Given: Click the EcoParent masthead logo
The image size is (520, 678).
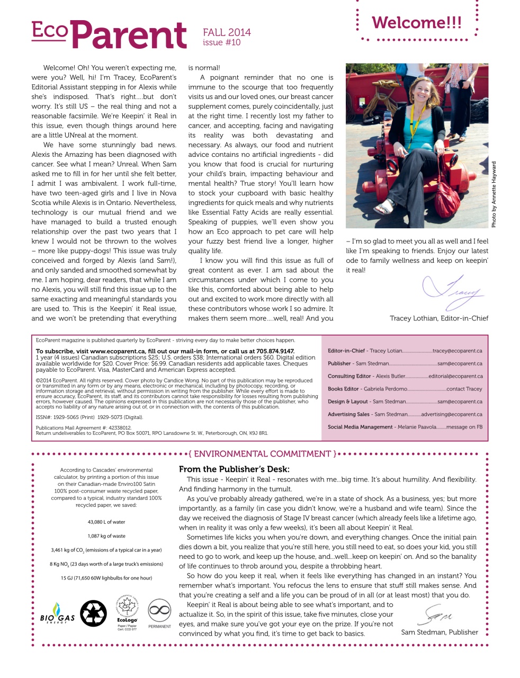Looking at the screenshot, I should [109, 35].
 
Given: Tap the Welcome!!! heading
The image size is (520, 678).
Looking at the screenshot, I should [417, 23].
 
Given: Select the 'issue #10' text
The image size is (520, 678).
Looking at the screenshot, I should [221, 43].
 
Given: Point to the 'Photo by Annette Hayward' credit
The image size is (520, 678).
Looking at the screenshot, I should [494, 194].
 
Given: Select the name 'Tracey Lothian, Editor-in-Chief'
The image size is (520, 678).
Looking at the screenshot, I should [438, 318].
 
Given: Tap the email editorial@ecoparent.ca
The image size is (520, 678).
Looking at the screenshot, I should [455, 377].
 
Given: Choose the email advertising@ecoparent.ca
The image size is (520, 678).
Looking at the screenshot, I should [451, 415].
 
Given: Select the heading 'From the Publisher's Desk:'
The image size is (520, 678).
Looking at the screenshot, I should [234, 469].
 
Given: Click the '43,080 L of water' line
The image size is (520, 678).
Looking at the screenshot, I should [106, 522].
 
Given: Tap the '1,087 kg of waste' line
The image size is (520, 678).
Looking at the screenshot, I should [106, 536].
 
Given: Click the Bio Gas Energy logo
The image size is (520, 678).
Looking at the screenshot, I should [57, 614].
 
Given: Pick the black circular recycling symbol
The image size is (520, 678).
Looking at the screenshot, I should [93, 613].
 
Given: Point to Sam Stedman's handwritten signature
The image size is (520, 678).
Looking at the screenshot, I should [437, 615].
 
